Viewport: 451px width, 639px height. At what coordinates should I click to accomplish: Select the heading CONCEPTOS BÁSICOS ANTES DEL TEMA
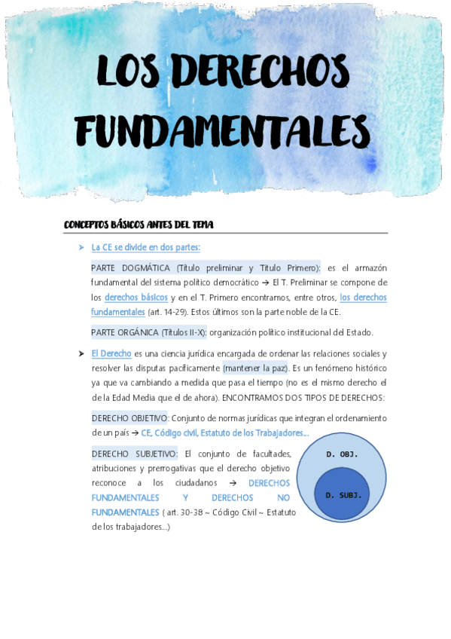tap(139, 225)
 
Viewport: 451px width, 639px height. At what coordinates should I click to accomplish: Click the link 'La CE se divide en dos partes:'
tap(145, 247)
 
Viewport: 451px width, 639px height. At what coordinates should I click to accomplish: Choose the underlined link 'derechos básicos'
tap(136, 297)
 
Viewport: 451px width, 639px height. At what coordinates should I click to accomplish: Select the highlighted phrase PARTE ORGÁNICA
tap(124, 332)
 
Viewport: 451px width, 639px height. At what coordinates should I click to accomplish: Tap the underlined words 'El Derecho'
tap(111, 353)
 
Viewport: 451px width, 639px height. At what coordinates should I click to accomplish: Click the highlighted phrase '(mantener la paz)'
tap(256, 368)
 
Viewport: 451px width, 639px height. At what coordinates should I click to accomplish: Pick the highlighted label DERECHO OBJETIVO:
tap(130, 417)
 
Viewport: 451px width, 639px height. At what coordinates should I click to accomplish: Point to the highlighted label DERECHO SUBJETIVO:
tap(135, 454)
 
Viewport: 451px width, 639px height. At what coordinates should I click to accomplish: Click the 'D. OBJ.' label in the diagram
tap(342, 454)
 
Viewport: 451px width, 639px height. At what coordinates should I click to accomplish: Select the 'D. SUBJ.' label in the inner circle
tap(343, 495)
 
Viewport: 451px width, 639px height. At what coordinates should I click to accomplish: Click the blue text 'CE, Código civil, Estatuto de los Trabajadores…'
tap(224, 433)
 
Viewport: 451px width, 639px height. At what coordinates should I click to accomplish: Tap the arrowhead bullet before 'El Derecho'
tap(81, 353)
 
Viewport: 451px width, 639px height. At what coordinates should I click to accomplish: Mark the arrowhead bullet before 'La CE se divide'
tap(81, 247)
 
